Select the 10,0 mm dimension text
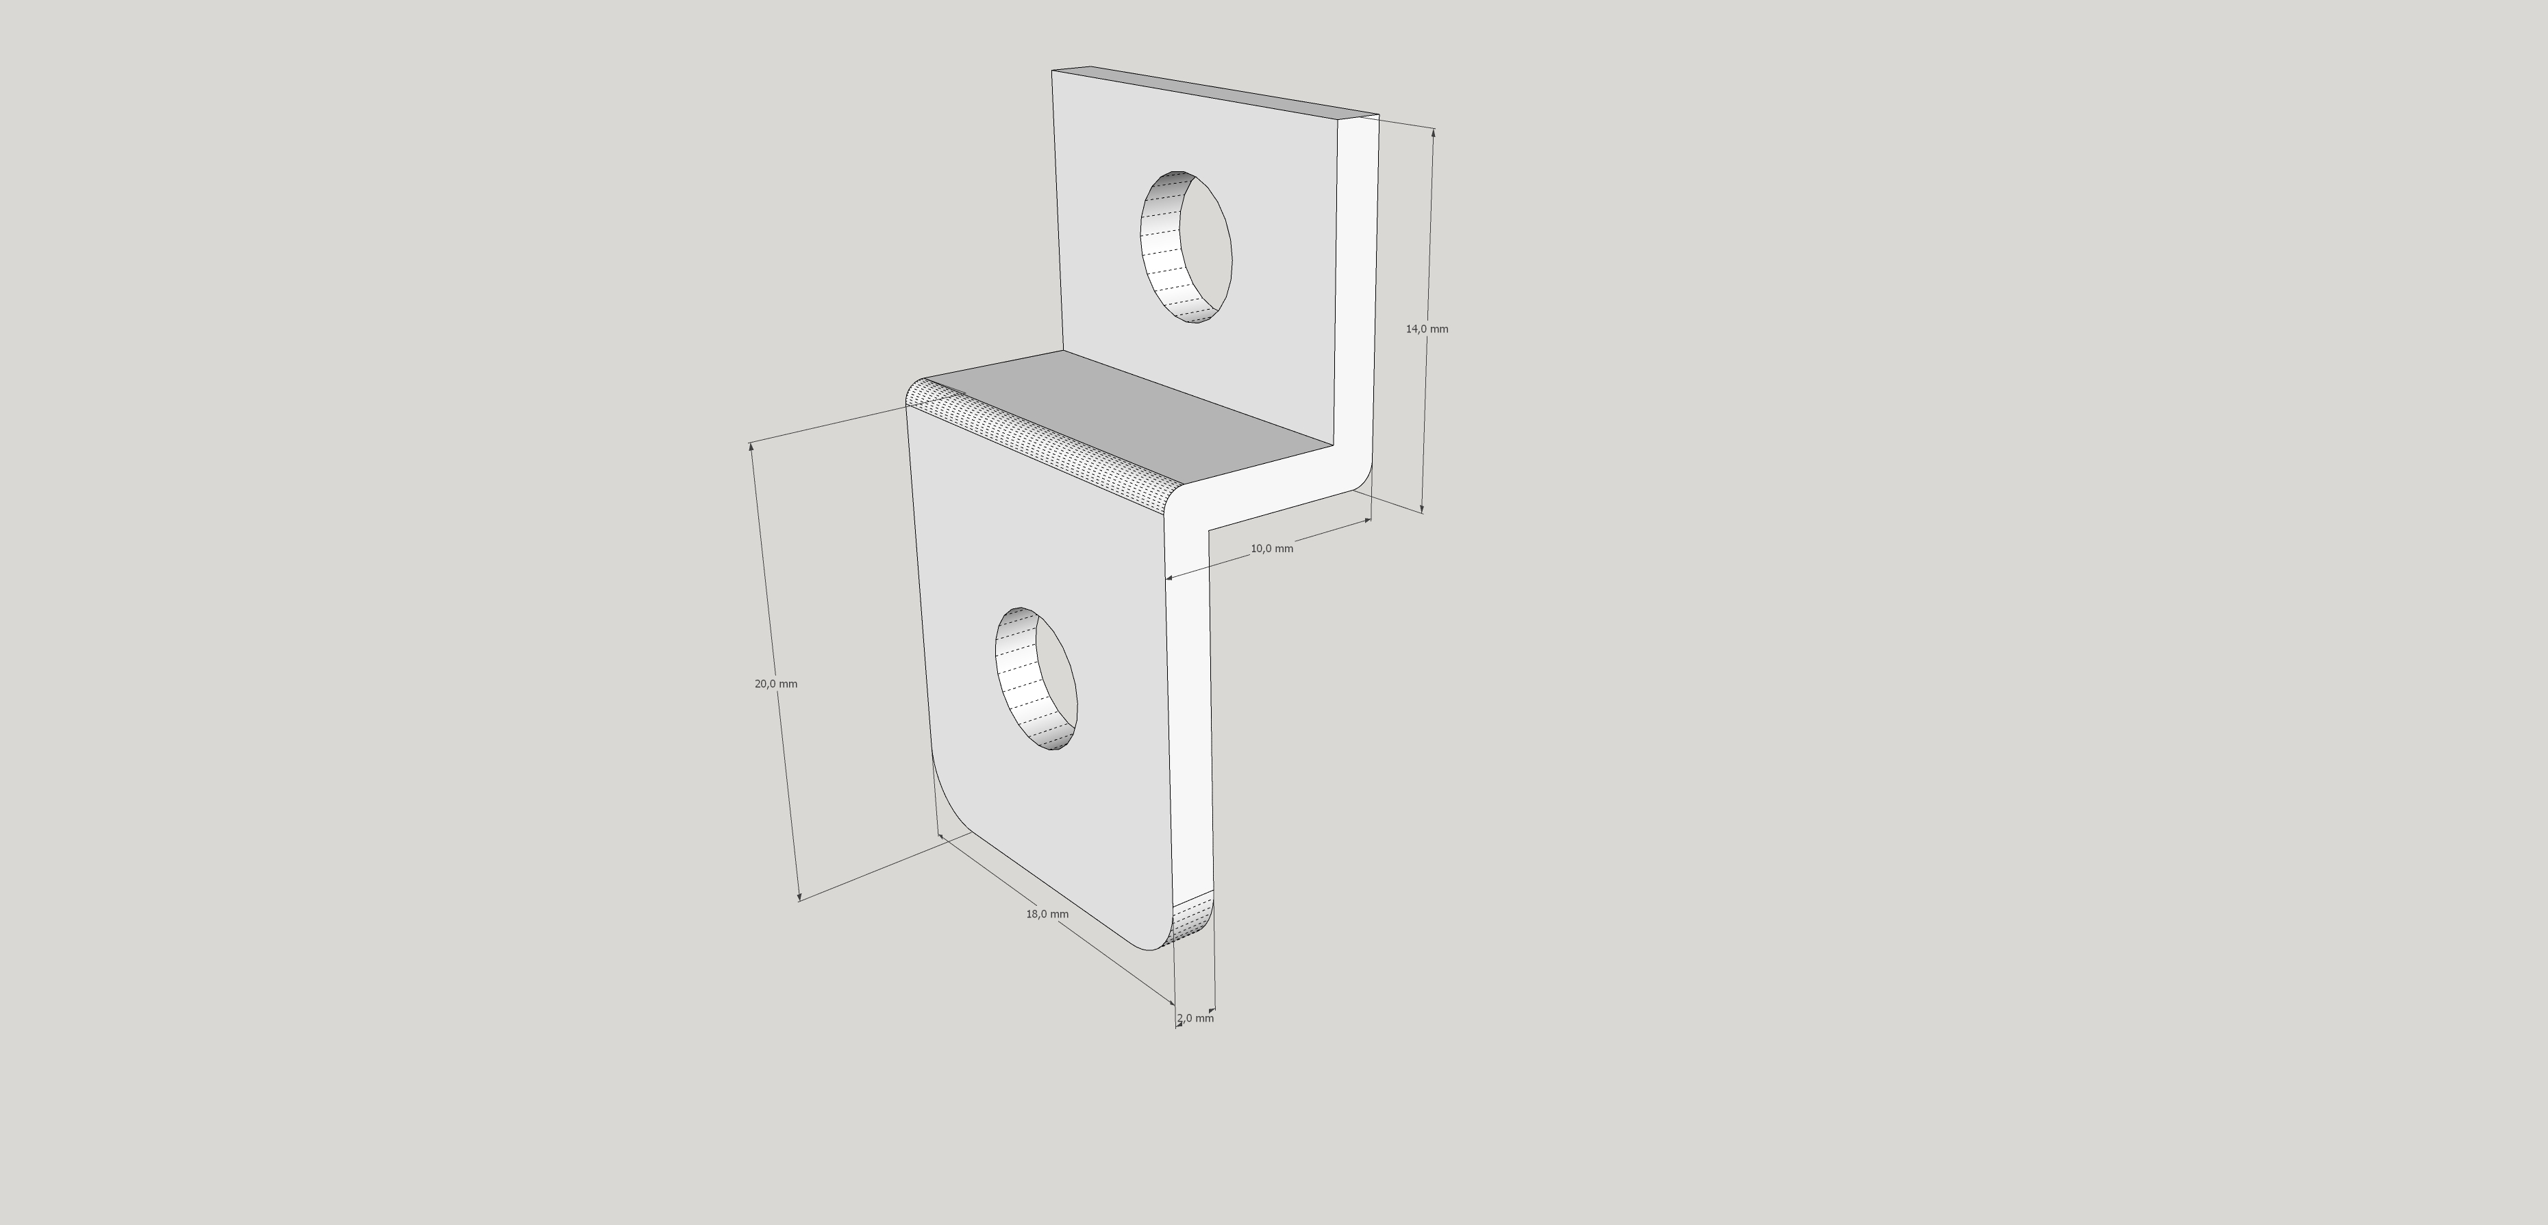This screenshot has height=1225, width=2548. [1271, 548]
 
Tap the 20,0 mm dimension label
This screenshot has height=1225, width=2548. [775, 684]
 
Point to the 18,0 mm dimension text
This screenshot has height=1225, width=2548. [1047, 913]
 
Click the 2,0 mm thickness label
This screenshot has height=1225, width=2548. [1195, 1017]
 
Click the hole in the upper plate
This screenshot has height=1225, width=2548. [1186, 247]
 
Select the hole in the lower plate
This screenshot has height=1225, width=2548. [1036, 679]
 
